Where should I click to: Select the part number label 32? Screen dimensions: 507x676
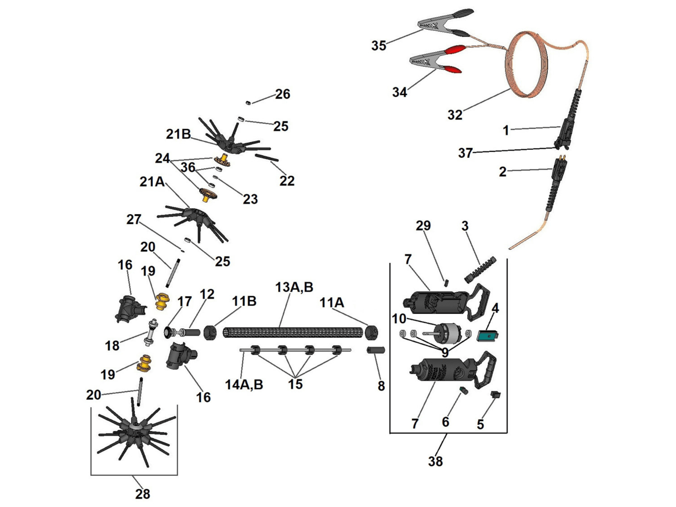pos(455,115)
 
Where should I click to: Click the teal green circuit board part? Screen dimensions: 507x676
pos(487,336)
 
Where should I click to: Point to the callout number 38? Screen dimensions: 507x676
pos(435,461)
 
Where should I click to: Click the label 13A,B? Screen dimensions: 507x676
pos(294,287)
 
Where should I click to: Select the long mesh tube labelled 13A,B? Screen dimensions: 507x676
pos(293,332)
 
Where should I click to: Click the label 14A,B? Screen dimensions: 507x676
pos(244,385)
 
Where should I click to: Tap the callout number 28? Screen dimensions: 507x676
pos(142,494)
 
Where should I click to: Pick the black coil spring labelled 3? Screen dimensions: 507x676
pos(480,269)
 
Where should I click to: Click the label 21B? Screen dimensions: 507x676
pos(178,134)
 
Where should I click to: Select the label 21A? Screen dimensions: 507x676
pos(152,182)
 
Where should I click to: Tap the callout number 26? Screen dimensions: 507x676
pos(283,94)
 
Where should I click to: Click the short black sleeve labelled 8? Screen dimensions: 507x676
pos(376,350)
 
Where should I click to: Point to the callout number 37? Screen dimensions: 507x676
pos(465,153)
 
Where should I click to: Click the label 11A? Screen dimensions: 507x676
pos(332,303)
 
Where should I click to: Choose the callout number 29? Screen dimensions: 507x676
pos(423,225)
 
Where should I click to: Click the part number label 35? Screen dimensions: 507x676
pos(379,46)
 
